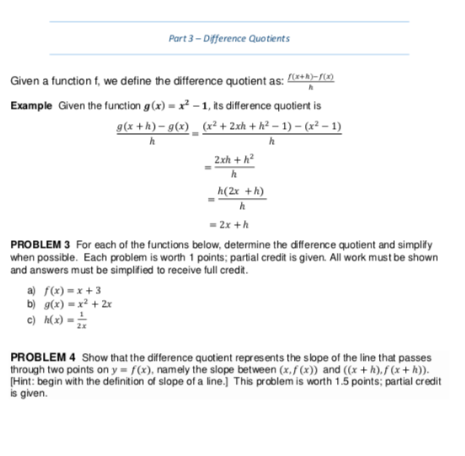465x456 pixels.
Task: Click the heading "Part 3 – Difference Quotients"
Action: [x=229, y=38]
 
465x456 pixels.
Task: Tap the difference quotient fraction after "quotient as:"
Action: [x=313, y=82]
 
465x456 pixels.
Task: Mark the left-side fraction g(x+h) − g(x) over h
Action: [x=152, y=133]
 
